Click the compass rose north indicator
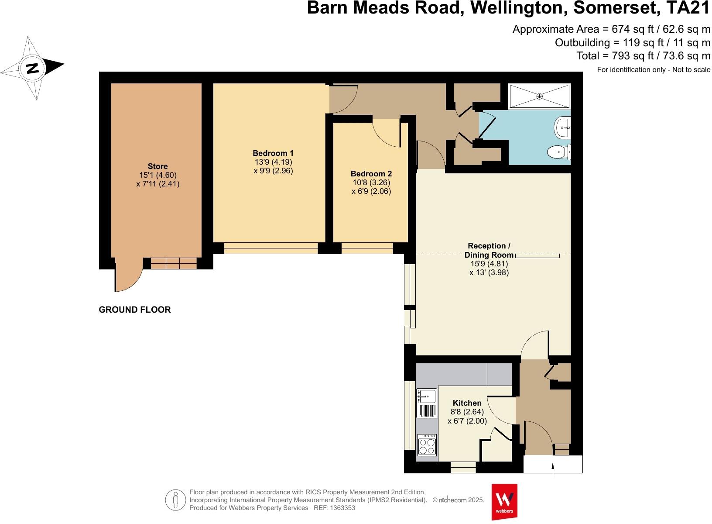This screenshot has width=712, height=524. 32,68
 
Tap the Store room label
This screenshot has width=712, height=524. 157,166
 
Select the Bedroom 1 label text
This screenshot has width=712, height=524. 273,153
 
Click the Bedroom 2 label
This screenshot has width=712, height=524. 371,174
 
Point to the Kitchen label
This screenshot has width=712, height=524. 467,403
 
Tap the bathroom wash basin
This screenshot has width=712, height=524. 563,128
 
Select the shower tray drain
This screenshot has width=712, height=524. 540,96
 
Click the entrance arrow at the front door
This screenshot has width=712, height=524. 553,471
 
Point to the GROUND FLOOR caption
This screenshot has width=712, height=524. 135,310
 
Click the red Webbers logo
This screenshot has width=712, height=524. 504,501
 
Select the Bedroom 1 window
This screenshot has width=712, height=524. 270,248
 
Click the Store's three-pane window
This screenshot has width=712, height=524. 174,263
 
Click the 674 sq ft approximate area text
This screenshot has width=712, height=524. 611,29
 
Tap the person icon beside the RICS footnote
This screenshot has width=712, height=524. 175,500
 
